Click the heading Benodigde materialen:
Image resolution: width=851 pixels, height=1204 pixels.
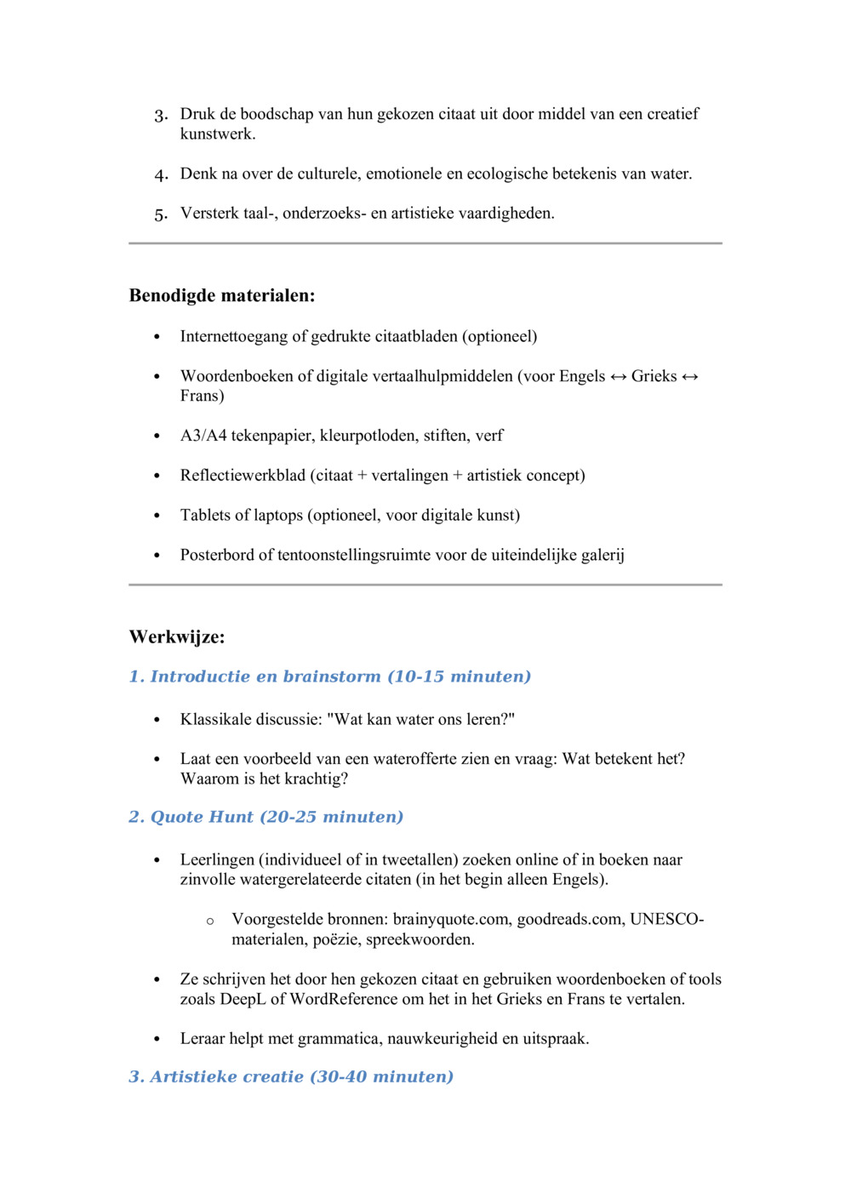point(222,296)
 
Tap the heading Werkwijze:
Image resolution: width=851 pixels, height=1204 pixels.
point(177,637)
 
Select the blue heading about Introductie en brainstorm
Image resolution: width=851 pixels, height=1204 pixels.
point(329,676)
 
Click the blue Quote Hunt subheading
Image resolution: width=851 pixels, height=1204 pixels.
point(266,817)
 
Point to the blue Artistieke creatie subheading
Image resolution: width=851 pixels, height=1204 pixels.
point(291,1076)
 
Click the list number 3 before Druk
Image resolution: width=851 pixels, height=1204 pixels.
point(160,116)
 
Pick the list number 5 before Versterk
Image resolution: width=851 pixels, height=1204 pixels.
point(160,214)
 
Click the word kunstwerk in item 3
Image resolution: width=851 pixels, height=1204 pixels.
point(216,134)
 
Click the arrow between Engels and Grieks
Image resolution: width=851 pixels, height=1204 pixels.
point(619,376)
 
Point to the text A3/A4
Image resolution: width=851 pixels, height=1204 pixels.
point(203,436)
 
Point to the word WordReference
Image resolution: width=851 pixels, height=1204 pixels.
point(344,999)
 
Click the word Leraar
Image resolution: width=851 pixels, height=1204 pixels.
point(203,1039)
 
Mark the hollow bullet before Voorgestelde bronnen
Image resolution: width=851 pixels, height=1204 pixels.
point(210,922)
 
